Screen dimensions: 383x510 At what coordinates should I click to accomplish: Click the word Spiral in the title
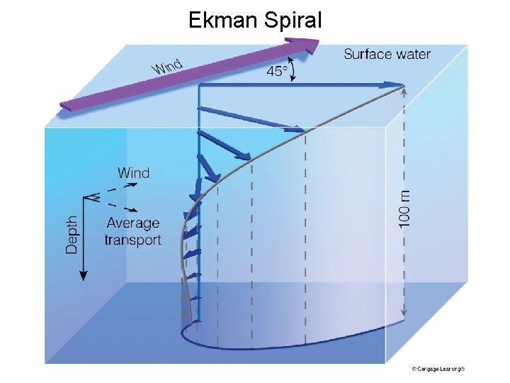[291, 20]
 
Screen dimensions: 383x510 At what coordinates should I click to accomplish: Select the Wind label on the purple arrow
[167, 67]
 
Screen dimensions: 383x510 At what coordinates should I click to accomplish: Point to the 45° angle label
[277, 71]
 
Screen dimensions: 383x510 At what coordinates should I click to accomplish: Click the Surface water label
[387, 54]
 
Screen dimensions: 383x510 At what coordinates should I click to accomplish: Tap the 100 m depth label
[404, 207]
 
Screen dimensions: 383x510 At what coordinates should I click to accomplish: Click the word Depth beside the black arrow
[72, 235]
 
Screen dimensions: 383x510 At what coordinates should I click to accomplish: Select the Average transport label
[132, 231]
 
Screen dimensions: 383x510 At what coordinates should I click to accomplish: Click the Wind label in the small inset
[133, 172]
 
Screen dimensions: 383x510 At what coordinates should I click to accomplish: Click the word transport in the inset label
[132, 240]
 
